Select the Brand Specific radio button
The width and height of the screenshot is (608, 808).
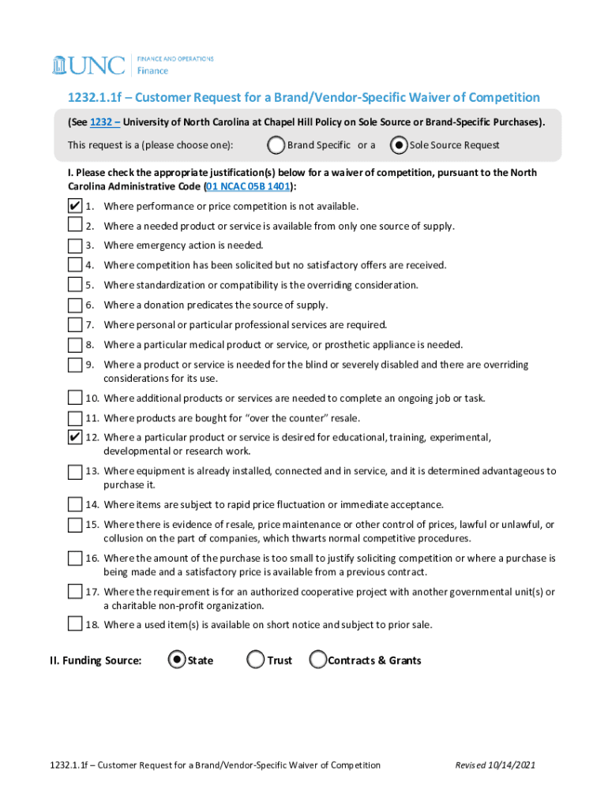276,145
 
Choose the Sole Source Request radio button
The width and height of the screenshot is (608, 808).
399,145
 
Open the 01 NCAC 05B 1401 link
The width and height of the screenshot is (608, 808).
247,186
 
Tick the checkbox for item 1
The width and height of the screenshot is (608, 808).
75,206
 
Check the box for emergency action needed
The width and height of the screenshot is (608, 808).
75,245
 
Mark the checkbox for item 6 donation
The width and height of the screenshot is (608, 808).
75,305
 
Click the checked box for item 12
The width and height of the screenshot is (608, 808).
75,437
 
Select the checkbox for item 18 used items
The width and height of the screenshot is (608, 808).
75,625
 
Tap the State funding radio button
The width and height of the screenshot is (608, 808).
178,660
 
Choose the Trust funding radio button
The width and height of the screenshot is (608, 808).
255,660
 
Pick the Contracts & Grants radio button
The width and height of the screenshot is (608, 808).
317,660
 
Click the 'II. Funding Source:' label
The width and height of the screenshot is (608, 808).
96,660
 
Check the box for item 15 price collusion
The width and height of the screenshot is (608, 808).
75,525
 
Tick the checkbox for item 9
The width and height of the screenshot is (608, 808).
75,365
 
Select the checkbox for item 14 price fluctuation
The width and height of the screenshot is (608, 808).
75,505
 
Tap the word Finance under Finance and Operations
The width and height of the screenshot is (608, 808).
153,71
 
